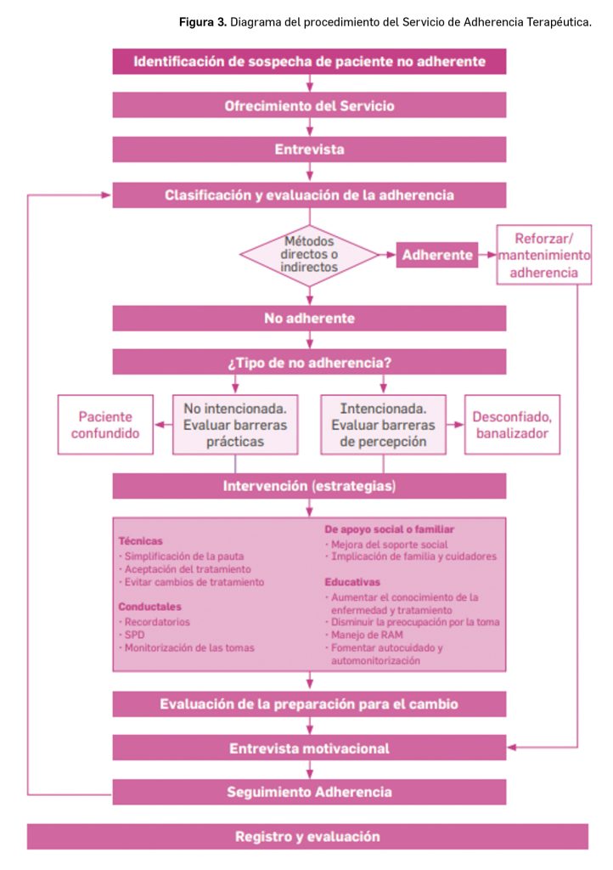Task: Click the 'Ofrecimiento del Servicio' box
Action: pyautogui.click(x=309, y=105)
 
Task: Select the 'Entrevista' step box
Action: pyautogui.click(x=309, y=150)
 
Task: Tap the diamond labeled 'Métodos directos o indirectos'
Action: pyautogui.click(x=309, y=253)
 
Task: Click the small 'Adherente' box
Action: pyautogui.click(x=436, y=254)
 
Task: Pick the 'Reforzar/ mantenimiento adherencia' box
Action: pyautogui.click(x=543, y=254)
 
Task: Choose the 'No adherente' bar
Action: pyautogui.click(x=309, y=318)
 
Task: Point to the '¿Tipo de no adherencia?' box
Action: pyautogui.click(x=309, y=362)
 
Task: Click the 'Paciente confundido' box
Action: pyautogui.click(x=105, y=424)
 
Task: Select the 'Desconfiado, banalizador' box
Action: pyautogui.click(x=511, y=424)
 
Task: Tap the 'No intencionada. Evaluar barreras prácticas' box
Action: pyautogui.click(x=235, y=423)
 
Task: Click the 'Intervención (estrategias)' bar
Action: pyautogui.click(x=309, y=486)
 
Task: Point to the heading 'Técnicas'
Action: pyautogui.click(x=140, y=540)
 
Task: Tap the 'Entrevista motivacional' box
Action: pyautogui.click(x=309, y=748)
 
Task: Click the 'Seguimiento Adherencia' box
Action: pyautogui.click(x=309, y=792)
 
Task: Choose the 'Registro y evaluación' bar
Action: pyautogui.click(x=307, y=836)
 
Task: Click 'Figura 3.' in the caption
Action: pyautogui.click(x=202, y=22)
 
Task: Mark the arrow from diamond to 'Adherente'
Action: pyautogui.click(x=385, y=254)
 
